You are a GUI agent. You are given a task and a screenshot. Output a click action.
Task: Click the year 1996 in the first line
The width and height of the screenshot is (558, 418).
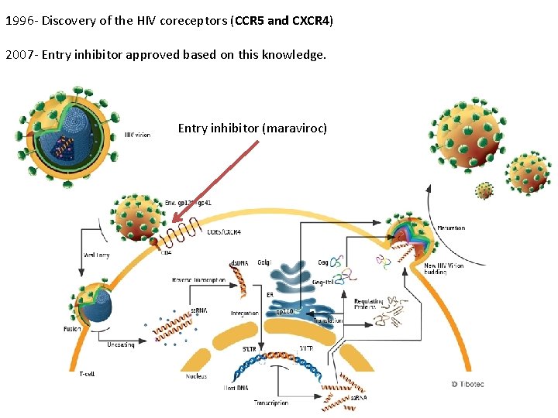(19, 20)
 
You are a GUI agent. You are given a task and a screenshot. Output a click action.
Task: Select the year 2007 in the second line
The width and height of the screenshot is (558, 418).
(19, 55)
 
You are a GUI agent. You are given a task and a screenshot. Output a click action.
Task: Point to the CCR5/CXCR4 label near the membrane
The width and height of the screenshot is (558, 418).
(224, 231)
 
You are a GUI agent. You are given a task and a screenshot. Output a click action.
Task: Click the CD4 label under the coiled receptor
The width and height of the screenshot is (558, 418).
(166, 252)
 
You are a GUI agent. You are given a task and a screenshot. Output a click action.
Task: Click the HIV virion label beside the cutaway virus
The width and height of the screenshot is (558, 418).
(138, 134)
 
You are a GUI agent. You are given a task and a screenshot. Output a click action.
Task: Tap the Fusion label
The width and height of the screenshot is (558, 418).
(72, 329)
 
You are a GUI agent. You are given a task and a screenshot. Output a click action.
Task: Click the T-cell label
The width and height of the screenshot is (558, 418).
(88, 374)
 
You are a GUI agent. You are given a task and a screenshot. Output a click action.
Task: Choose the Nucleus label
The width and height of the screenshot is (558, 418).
(196, 376)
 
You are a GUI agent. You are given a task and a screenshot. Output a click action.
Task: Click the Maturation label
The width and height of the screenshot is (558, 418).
(450, 228)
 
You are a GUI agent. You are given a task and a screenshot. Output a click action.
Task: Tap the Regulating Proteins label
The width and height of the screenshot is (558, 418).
(369, 304)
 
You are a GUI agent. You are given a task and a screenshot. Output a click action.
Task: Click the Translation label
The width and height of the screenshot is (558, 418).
(328, 320)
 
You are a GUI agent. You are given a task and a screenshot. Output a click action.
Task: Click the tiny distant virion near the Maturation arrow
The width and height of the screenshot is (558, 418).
(484, 190)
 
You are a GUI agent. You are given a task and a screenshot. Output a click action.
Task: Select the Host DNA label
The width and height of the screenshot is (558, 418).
(235, 386)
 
